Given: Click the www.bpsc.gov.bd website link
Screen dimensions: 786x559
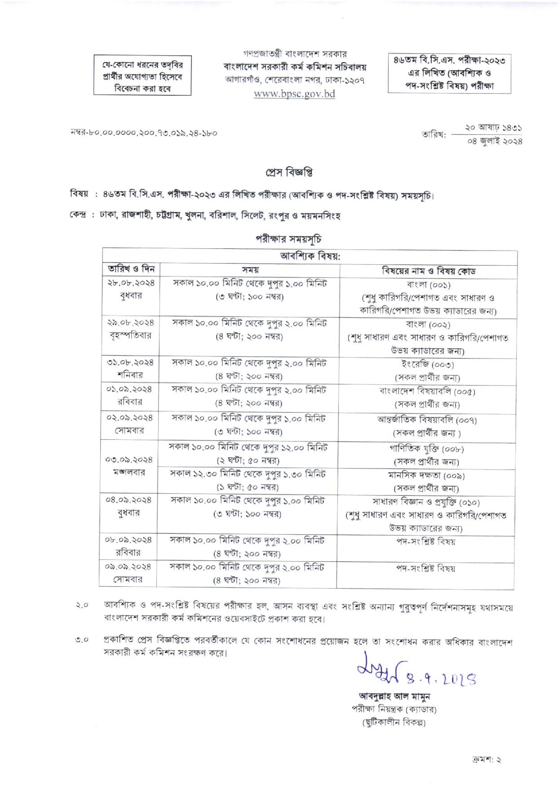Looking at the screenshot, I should pos(294,94).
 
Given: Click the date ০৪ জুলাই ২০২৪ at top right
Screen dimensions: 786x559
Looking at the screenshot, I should pos(494,141).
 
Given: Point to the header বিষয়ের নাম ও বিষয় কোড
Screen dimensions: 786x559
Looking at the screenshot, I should pos(428,271).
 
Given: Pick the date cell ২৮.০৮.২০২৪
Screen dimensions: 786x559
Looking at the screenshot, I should pos(131,283).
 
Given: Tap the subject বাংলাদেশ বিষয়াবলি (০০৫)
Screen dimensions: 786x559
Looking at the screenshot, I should pos(427,391).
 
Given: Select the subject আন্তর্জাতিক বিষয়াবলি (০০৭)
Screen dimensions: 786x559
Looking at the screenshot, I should pos(427,420).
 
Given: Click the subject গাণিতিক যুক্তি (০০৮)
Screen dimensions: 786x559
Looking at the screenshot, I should pos(426,449).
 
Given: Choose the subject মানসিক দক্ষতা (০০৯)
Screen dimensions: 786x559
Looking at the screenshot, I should pos(426,475).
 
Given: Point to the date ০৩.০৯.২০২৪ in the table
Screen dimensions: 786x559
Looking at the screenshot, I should pos(129,460).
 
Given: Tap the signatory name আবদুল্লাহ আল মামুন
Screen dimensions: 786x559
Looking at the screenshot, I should pos(394,697).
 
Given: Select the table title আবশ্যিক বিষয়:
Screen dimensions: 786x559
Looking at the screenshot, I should pos(310,256).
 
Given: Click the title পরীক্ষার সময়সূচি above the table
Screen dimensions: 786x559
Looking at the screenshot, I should pos(288,239).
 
